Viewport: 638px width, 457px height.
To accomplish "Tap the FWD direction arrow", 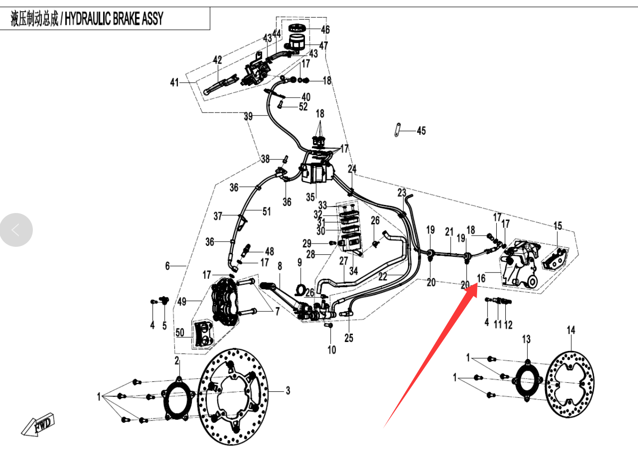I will tap(38, 425).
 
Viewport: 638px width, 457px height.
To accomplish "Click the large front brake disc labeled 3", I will tap(233, 396).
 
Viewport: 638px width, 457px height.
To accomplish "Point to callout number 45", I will tap(421, 131).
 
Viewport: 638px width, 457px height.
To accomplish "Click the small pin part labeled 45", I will tap(397, 129).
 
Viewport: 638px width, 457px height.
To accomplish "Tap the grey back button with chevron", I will tap(16, 230).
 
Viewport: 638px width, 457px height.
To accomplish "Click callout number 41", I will tap(175, 83).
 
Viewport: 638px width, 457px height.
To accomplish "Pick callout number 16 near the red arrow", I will tap(481, 278).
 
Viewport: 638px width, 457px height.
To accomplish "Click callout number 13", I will tap(526, 339).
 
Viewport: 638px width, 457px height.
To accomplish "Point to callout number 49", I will tap(182, 302).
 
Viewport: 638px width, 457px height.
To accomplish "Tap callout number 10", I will tap(332, 350).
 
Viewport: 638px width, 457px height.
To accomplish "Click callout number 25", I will tap(349, 338).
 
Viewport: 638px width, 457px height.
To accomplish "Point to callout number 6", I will tap(167, 266).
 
